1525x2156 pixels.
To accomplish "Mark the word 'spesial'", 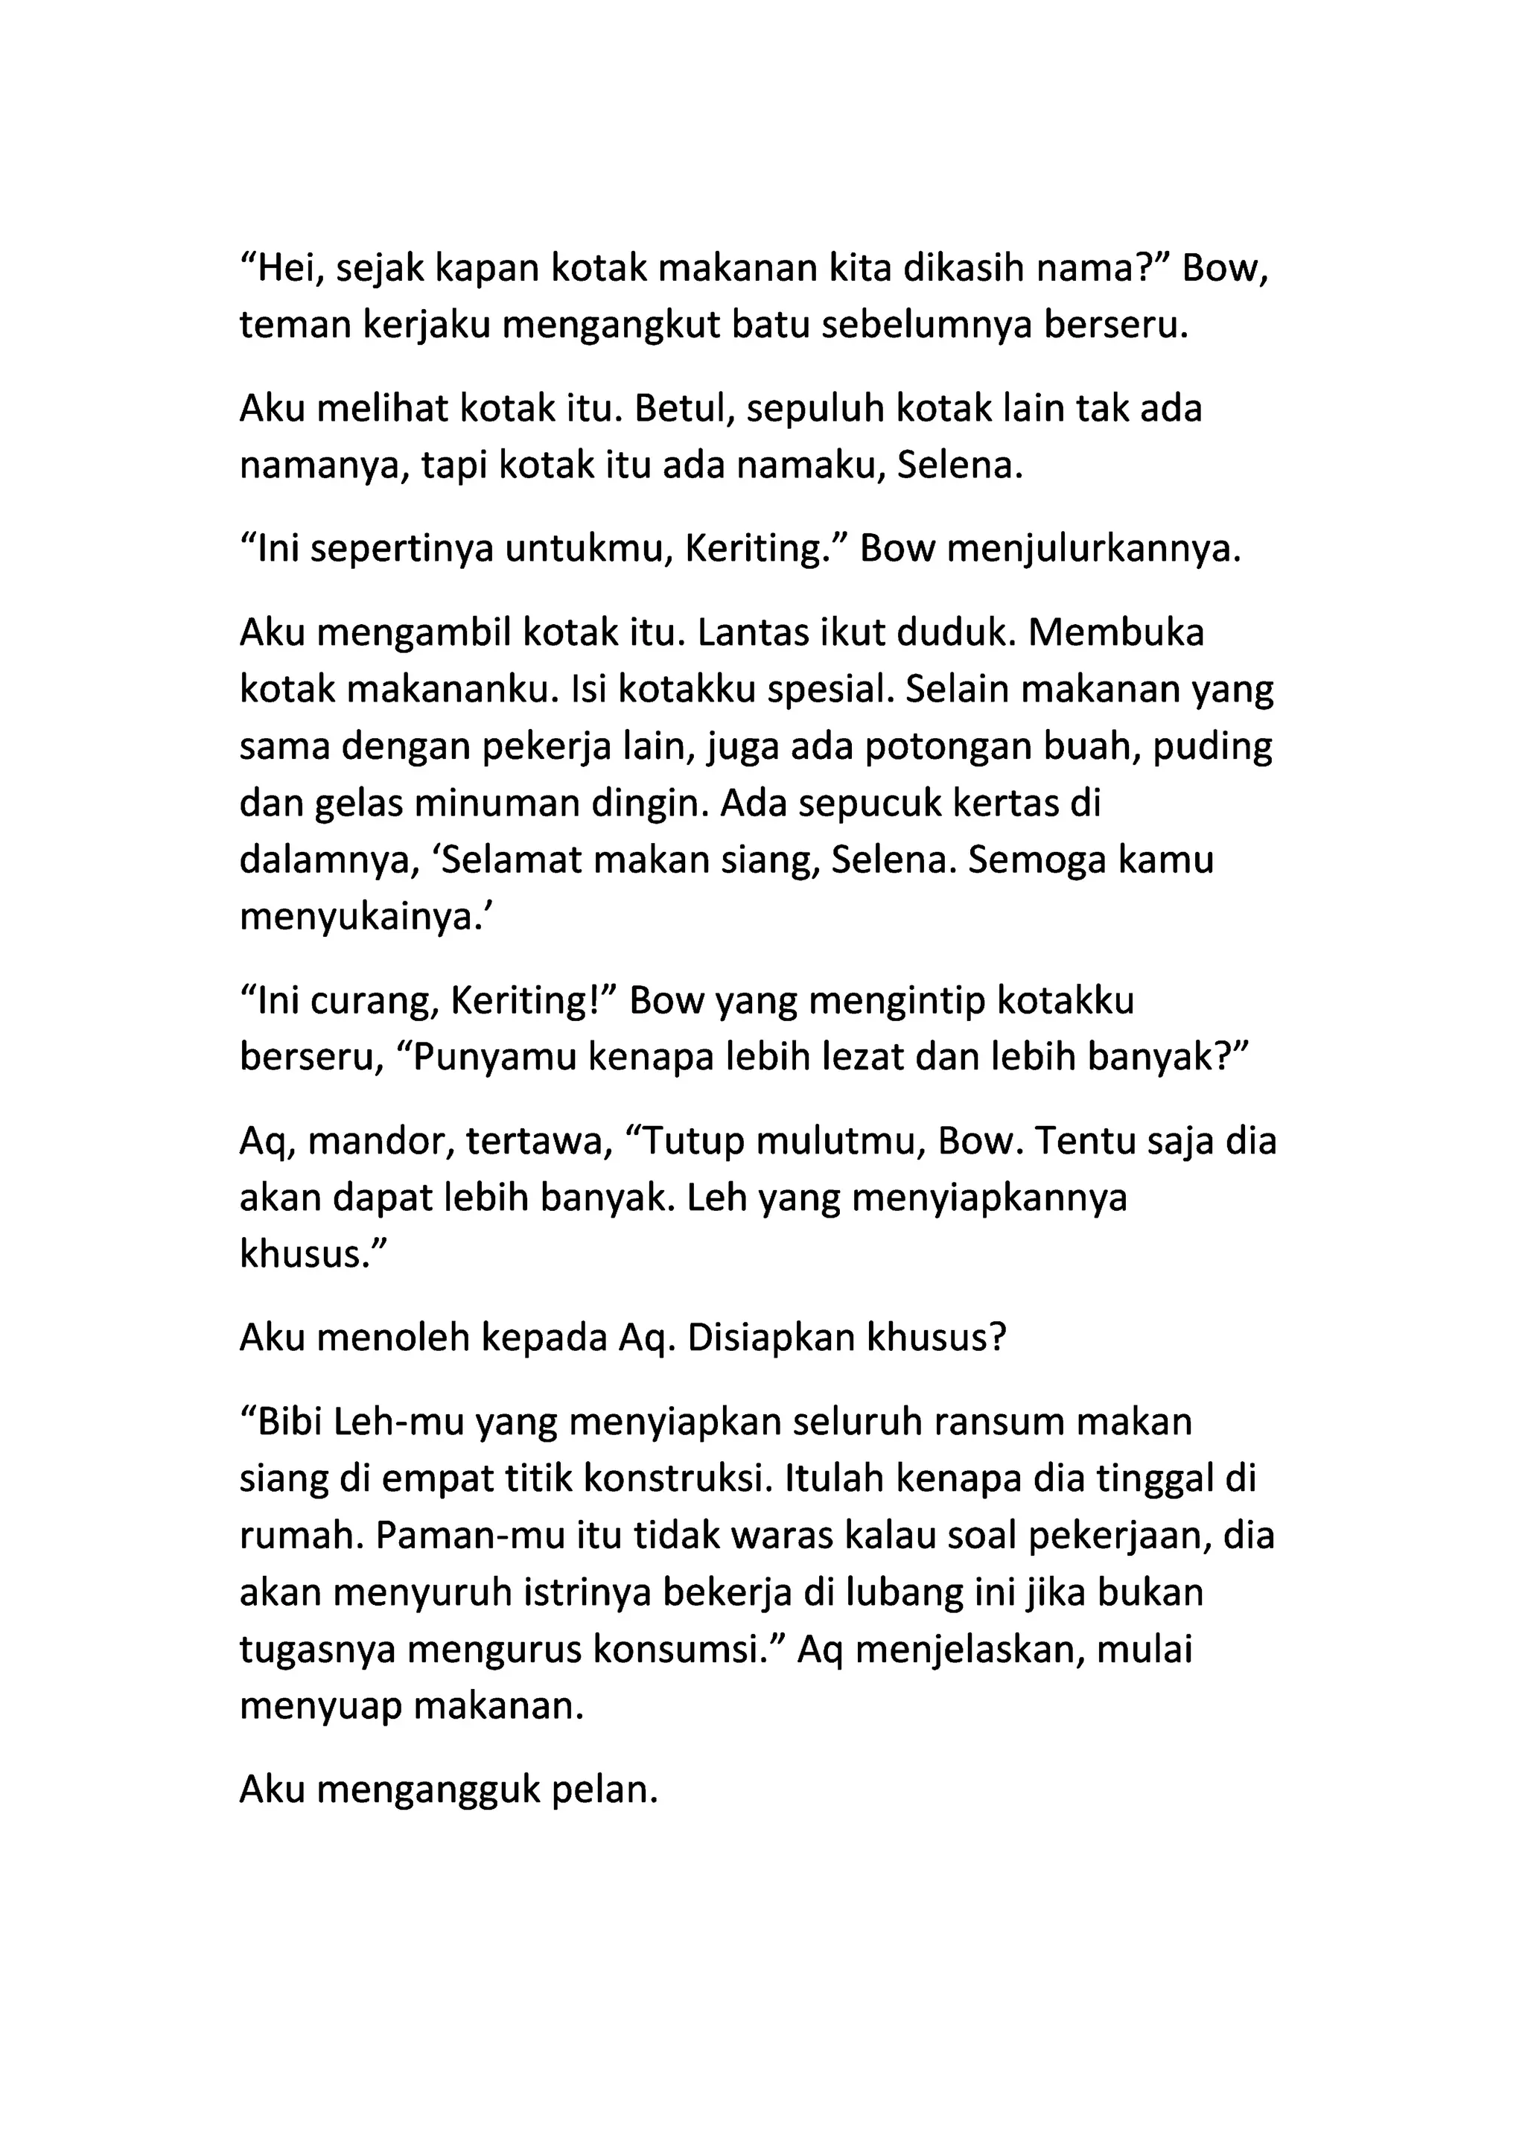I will pyautogui.click(x=827, y=690).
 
